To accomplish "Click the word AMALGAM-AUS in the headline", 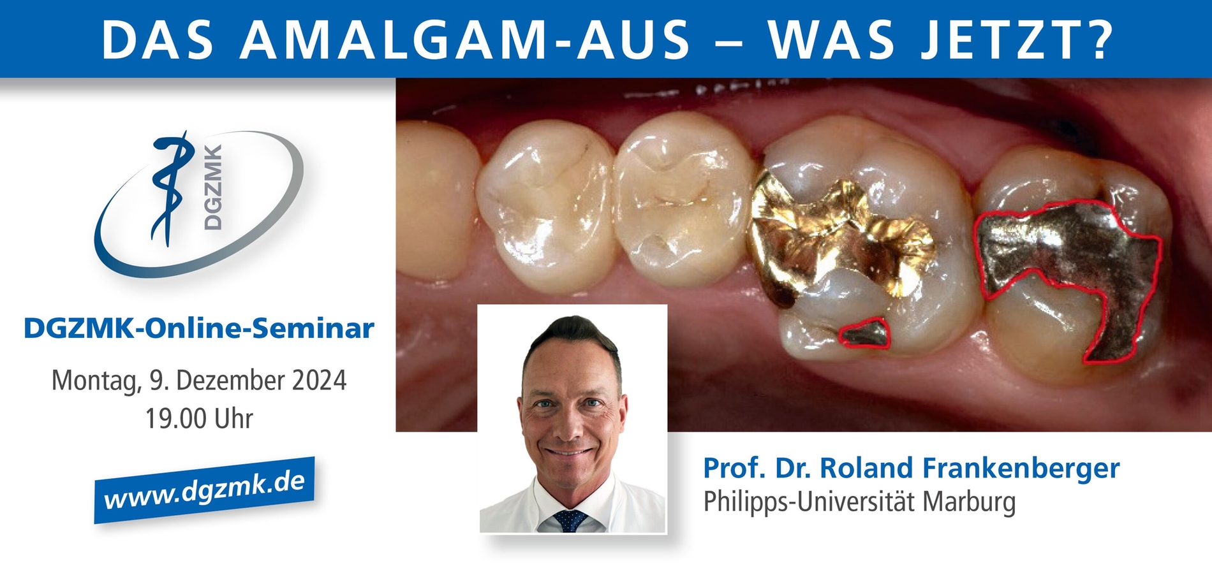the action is click(x=466, y=40).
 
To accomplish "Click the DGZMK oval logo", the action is click(x=198, y=204).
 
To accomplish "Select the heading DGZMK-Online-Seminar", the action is click(x=198, y=328).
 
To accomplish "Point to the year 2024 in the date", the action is click(x=319, y=381).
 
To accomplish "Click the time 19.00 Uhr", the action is click(x=199, y=419).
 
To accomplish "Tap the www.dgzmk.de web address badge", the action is click(x=204, y=490).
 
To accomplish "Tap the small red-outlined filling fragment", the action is click(x=864, y=334).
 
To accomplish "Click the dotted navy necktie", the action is click(x=570, y=520).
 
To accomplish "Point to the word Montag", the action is click(x=96, y=381).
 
